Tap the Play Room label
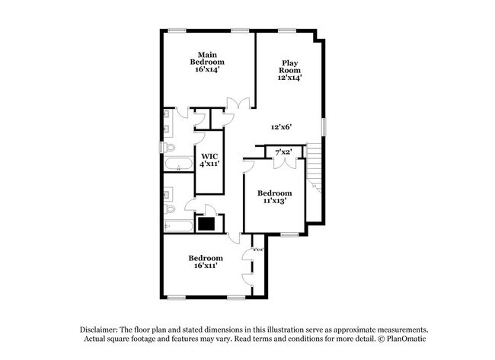pos(290,71)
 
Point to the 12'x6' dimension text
pos(282,127)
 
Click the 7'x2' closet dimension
pos(284,153)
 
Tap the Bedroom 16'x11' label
pos(205,262)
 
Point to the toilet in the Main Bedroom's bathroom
pos(171,147)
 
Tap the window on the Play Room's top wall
pos(287,30)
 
